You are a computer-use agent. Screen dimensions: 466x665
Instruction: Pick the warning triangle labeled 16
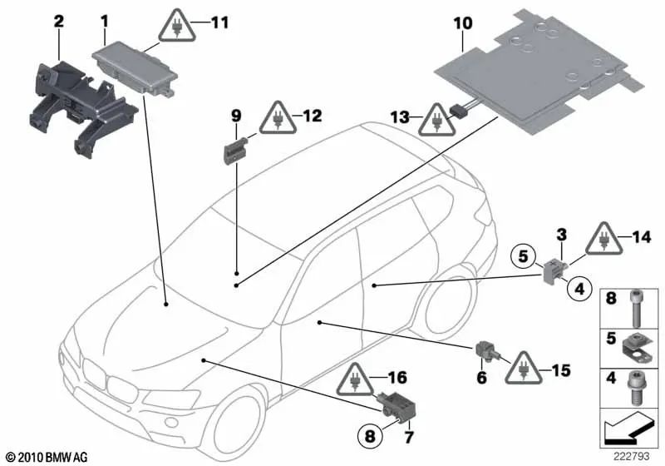coord(356,381)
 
